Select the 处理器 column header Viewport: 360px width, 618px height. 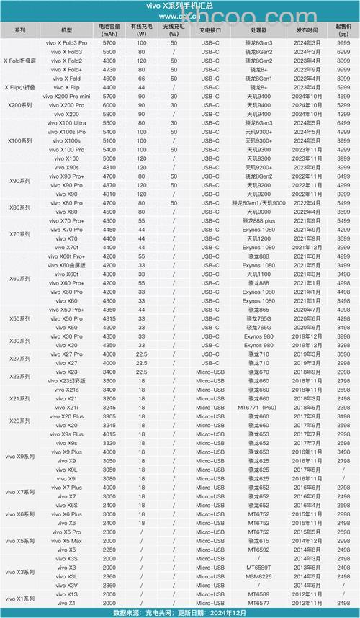tap(260, 32)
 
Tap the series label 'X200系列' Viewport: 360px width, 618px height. tap(20, 105)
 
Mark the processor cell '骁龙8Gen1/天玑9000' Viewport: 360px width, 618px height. tap(260, 203)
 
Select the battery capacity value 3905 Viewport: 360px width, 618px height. tap(109, 416)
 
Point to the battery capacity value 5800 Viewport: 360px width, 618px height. tap(109, 115)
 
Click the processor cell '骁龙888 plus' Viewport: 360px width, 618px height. tap(260, 220)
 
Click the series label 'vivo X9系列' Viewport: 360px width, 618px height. tap(20, 456)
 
